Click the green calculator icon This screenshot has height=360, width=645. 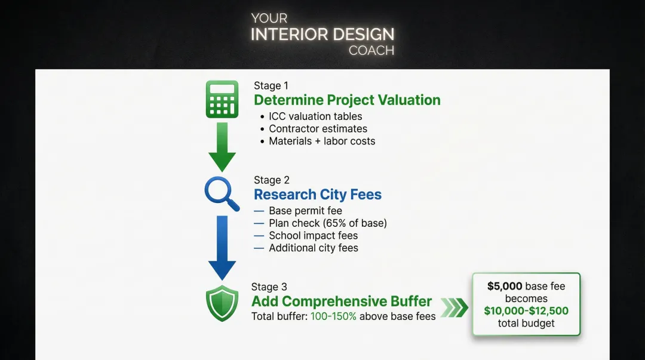222,99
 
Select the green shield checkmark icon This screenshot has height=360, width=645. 222,304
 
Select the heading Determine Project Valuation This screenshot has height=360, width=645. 347,100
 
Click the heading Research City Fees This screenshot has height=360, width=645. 317,195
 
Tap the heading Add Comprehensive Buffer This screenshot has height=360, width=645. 342,301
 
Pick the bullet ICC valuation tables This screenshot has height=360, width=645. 315,116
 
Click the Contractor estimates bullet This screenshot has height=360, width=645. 318,129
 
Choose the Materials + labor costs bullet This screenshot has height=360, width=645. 322,141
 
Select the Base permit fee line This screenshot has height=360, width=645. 305,211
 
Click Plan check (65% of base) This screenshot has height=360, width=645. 327,223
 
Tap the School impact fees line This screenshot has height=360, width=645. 313,235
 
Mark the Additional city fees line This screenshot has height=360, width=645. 313,248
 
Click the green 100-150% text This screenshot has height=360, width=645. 333,316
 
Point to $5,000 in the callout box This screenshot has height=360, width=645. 505,286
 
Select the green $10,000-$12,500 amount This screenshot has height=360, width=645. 526,311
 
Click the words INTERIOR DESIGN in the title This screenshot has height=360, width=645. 322,34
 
